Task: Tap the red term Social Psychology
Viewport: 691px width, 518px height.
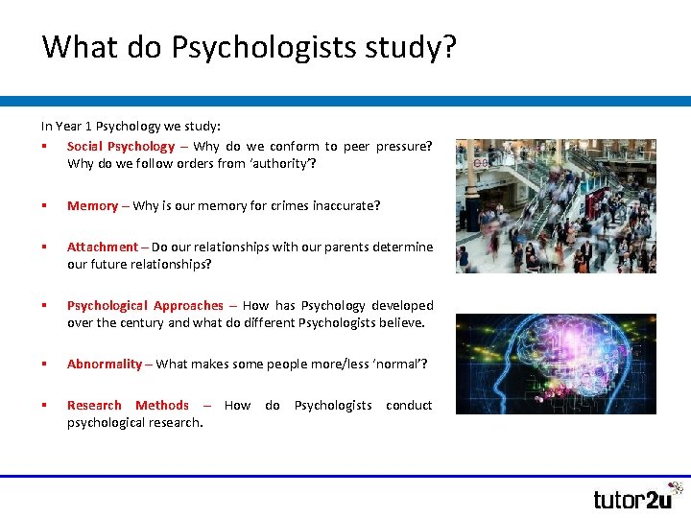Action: click(121, 147)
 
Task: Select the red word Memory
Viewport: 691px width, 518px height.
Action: click(92, 206)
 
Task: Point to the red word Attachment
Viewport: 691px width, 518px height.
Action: click(103, 247)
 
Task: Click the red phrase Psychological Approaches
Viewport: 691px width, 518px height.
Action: click(145, 306)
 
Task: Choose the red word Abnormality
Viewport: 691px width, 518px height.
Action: click(105, 365)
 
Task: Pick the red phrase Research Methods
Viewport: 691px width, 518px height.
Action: click(128, 406)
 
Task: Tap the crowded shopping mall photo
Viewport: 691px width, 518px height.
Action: click(556, 206)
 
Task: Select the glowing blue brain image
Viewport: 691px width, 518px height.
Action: click(556, 364)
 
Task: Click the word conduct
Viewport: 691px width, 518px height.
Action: click(409, 406)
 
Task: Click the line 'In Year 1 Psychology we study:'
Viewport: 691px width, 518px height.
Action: click(131, 126)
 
